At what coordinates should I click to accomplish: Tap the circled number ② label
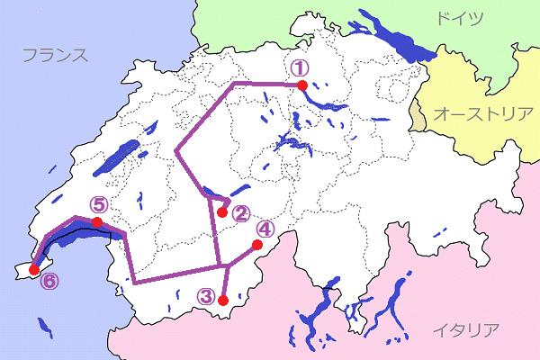(240, 213)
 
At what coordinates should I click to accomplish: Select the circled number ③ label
(207, 294)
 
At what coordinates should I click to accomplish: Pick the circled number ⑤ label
(98, 205)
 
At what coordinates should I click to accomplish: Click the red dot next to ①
(302, 85)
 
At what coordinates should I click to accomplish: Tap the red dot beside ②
(223, 212)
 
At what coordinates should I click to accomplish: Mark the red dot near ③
(223, 301)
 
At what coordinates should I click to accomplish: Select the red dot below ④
(256, 245)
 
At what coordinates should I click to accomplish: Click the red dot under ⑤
(96, 222)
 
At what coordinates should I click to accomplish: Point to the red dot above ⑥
(34, 268)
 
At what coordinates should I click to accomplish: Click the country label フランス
(55, 55)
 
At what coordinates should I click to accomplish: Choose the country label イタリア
(464, 329)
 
